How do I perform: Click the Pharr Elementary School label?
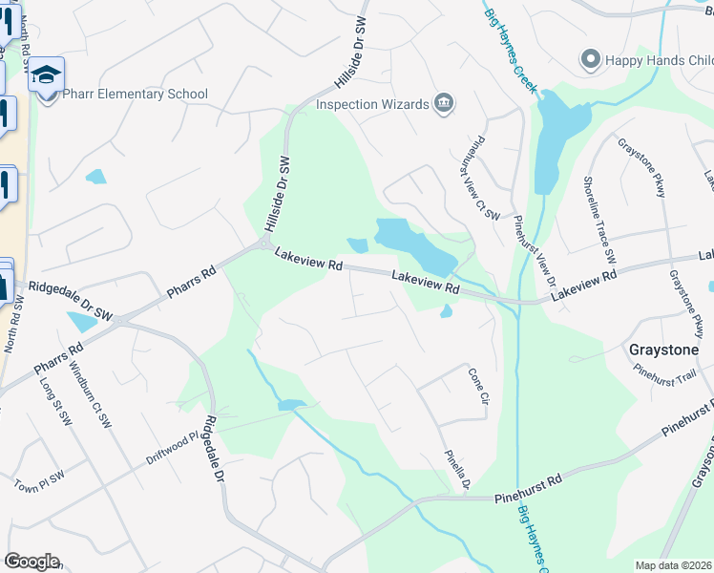(135, 95)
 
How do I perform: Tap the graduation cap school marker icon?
(46, 74)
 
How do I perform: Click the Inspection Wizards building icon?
(443, 103)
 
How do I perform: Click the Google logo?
(31, 562)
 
